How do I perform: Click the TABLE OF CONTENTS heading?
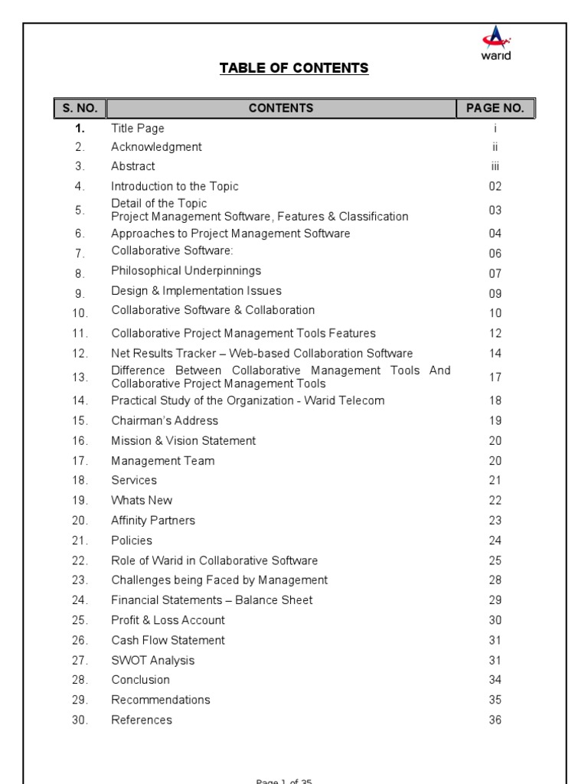point(294,68)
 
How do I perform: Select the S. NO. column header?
point(80,108)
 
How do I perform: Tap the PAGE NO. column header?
point(495,108)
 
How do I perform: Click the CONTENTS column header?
point(281,108)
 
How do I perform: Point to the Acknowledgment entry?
point(156,146)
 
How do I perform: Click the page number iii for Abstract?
point(495,166)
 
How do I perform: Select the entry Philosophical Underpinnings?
point(186,270)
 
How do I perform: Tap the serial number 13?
point(80,377)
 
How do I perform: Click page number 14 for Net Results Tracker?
point(495,354)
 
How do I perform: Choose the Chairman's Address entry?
point(165,420)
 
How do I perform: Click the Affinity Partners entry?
point(153,520)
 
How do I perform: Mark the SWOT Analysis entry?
point(153,660)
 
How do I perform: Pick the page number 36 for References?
point(495,720)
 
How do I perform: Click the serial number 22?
point(80,560)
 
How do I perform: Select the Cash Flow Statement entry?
point(168,640)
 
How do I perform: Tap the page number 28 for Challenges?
point(495,580)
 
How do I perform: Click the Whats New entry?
point(142,500)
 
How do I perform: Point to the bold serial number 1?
point(80,129)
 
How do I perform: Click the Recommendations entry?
point(161,700)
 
